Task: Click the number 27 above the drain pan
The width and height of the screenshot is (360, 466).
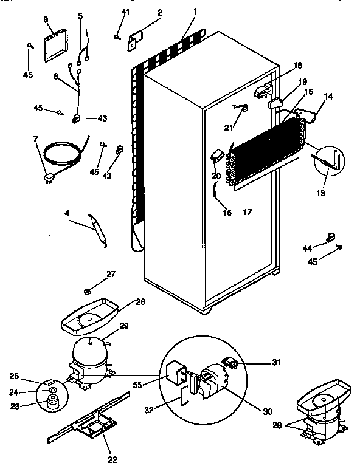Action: click(x=111, y=275)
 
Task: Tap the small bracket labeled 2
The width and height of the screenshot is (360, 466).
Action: click(x=136, y=41)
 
